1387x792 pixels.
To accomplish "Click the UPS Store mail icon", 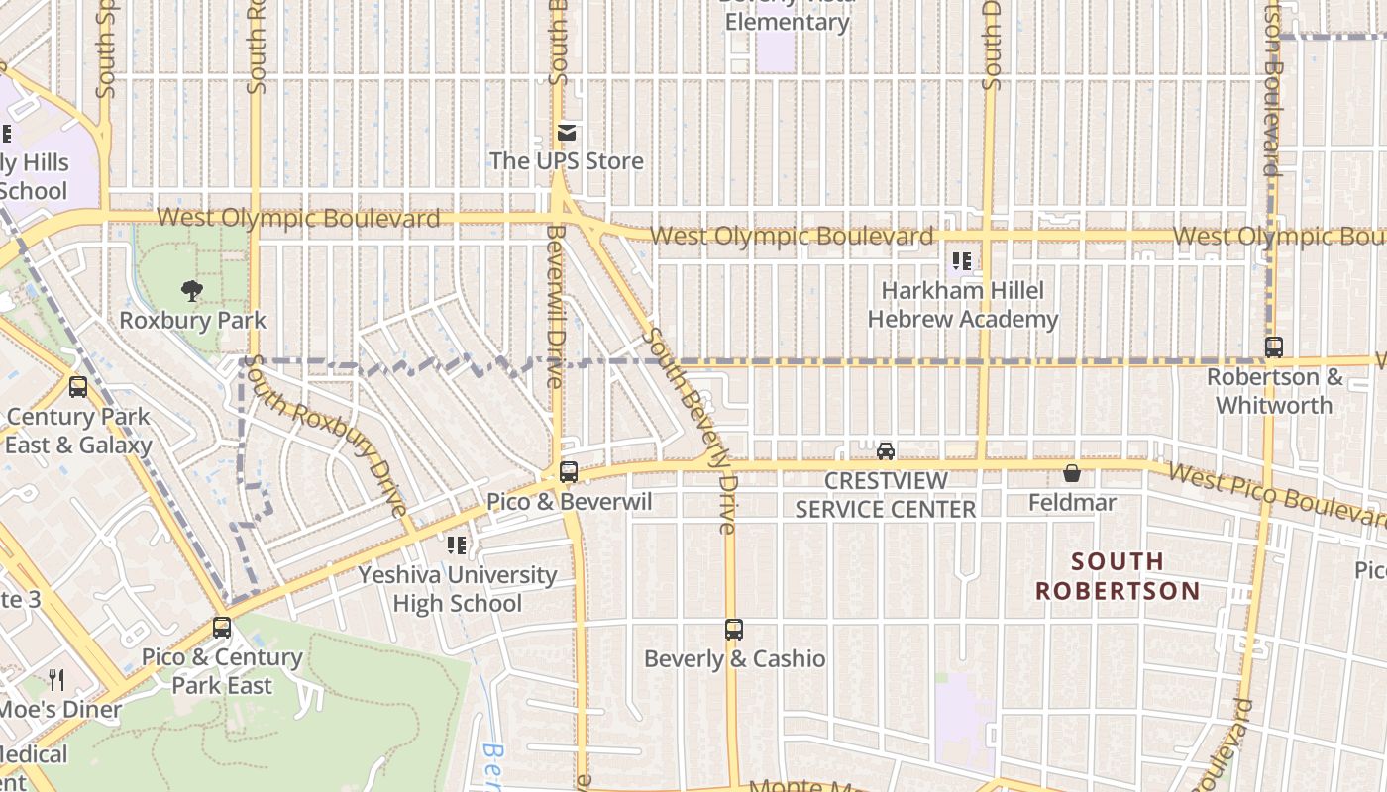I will [567, 133].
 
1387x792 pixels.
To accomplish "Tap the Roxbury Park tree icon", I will [192, 290].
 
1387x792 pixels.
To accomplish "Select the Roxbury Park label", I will [192, 321].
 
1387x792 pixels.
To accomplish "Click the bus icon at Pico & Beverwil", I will [569, 472].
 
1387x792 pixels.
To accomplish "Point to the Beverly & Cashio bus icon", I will [734, 630].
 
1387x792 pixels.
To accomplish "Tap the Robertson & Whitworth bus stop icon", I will [1274, 347].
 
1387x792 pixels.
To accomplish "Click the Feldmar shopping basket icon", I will [1071, 473].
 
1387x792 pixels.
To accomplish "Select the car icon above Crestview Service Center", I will [886, 451].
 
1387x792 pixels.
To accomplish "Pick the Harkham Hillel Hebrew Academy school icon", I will [961, 261].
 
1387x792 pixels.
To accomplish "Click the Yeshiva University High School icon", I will [457, 544].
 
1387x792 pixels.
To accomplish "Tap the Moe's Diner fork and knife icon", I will [56, 680].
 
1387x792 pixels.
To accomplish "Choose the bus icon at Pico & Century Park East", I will [222, 628].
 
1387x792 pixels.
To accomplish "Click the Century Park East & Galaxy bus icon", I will [78, 388].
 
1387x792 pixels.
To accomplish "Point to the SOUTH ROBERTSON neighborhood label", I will [1118, 576].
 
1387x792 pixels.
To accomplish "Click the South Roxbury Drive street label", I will [326, 439].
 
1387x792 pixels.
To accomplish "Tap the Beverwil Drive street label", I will [554, 306].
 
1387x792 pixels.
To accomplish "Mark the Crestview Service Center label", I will [886, 495].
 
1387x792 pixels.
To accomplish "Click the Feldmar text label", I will [1072, 503].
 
